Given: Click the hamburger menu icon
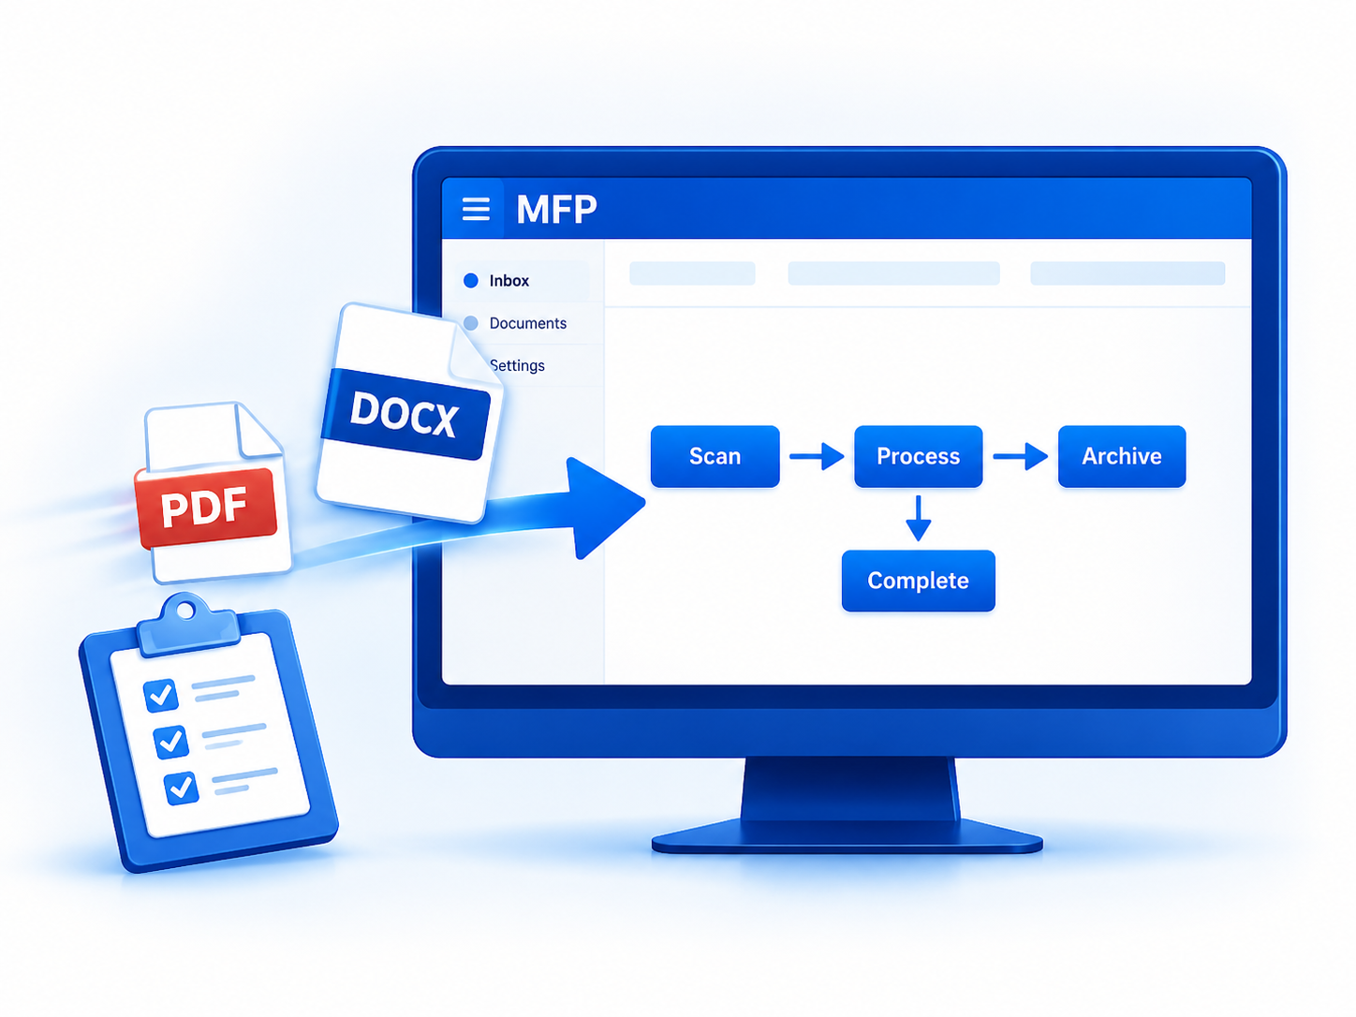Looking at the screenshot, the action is pos(476,209).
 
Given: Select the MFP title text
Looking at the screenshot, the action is pos(556,209).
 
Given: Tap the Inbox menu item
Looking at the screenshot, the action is pos(509,281).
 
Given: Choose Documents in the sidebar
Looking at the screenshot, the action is pos(527,323).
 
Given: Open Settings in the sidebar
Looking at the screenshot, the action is pos(518,365).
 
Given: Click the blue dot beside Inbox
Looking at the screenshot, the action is pos(471,281).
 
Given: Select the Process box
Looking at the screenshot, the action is pos(918,456).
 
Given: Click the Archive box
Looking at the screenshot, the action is pos(1122,456).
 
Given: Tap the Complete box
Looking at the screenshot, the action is pos(918,581).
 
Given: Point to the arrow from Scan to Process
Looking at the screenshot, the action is pos(817,456).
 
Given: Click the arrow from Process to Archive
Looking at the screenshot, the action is pos(1020,456).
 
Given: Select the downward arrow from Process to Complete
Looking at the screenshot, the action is pos(919,518).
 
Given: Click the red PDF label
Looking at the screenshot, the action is pos(206,508).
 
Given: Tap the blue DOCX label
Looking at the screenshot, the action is pos(405,414).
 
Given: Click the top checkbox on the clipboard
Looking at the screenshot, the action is pos(161,695).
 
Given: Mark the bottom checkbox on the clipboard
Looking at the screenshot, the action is pos(182,788).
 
